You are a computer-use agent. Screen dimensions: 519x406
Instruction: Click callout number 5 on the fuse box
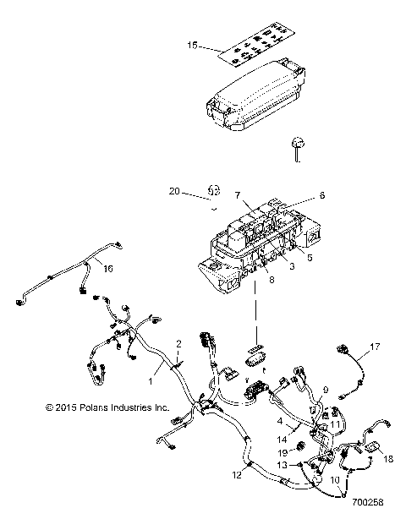[x=309, y=259]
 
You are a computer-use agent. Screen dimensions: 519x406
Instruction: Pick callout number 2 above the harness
[x=178, y=344]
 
